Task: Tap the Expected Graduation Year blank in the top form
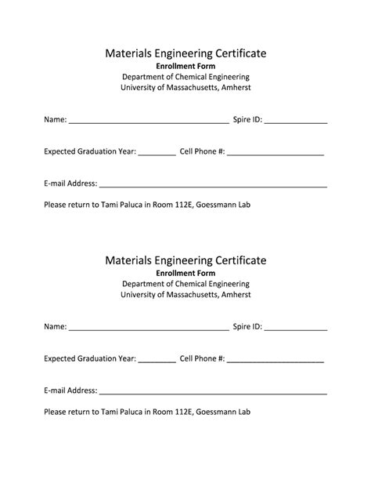(x=157, y=154)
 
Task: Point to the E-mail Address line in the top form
(x=213, y=186)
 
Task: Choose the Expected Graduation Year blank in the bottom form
(x=157, y=361)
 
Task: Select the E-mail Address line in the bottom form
(x=213, y=392)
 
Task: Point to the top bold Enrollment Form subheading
(x=185, y=67)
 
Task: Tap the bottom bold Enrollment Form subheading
(x=185, y=273)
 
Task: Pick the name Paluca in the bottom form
(x=127, y=411)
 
